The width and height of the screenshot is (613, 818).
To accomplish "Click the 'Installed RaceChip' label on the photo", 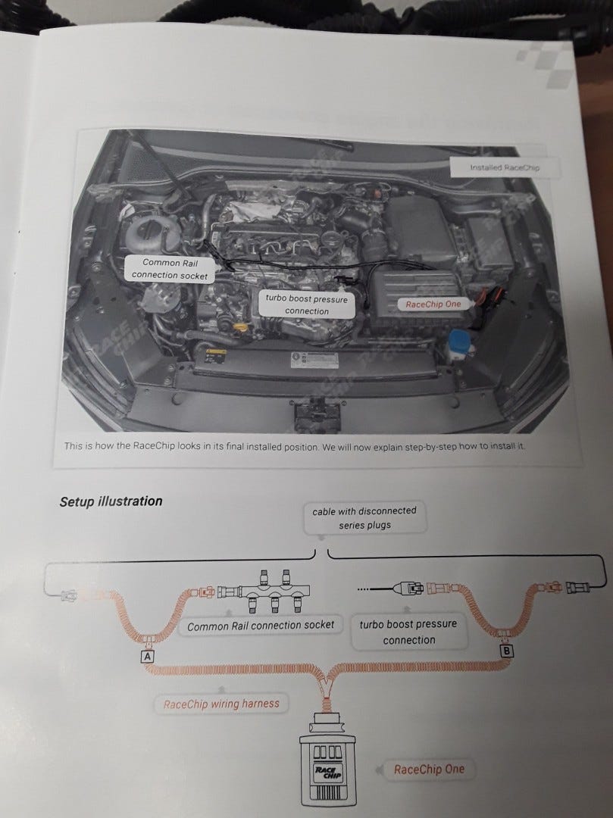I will tap(504, 167).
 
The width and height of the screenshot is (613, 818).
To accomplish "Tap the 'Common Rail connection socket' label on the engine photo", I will tap(170, 269).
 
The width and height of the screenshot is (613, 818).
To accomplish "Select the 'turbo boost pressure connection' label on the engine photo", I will tap(307, 304).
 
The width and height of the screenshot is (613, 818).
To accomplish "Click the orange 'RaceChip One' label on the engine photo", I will tap(433, 304).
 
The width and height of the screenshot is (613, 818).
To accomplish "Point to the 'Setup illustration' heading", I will tap(111, 501).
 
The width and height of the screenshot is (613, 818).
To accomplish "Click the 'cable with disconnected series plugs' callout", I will tap(364, 518).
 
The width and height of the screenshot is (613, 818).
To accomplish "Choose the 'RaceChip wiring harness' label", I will tap(221, 704).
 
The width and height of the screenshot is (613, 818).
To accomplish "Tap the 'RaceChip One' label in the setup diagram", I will tap(429, 770).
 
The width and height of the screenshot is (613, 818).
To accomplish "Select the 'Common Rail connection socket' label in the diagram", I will tap(261, 626).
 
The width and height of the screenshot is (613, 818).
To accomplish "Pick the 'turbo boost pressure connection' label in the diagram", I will tap(408, 632).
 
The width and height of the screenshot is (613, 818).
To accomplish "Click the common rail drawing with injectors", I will tap(270, 589).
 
